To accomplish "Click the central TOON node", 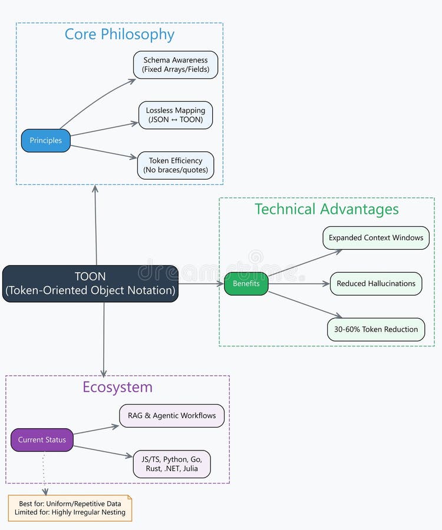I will tap(90, 283).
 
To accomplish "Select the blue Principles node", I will tap(46, 141).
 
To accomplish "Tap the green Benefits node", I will tap(246, 284).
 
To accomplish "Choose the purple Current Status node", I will tap(42, 440).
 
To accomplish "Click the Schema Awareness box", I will tap(176, 65).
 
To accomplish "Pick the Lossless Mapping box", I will tap(176, 115).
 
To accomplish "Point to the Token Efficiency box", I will tap(176, 165).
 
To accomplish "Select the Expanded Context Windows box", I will tap(376, 238).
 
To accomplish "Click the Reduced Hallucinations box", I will tap(376, 284).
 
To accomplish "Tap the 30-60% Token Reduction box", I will tap(376, 329).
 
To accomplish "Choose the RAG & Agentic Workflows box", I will tap(172, 416).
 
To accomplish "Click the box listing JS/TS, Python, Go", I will tap(172, 464).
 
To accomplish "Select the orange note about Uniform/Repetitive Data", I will tap(70, 508).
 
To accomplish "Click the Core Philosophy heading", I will tap(120, 34).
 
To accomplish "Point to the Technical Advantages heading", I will tap(326, 209).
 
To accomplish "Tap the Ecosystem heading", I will tap(117, 387).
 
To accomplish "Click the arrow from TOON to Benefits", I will tap(201, 284).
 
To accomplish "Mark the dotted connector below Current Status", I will tap(44, 471).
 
